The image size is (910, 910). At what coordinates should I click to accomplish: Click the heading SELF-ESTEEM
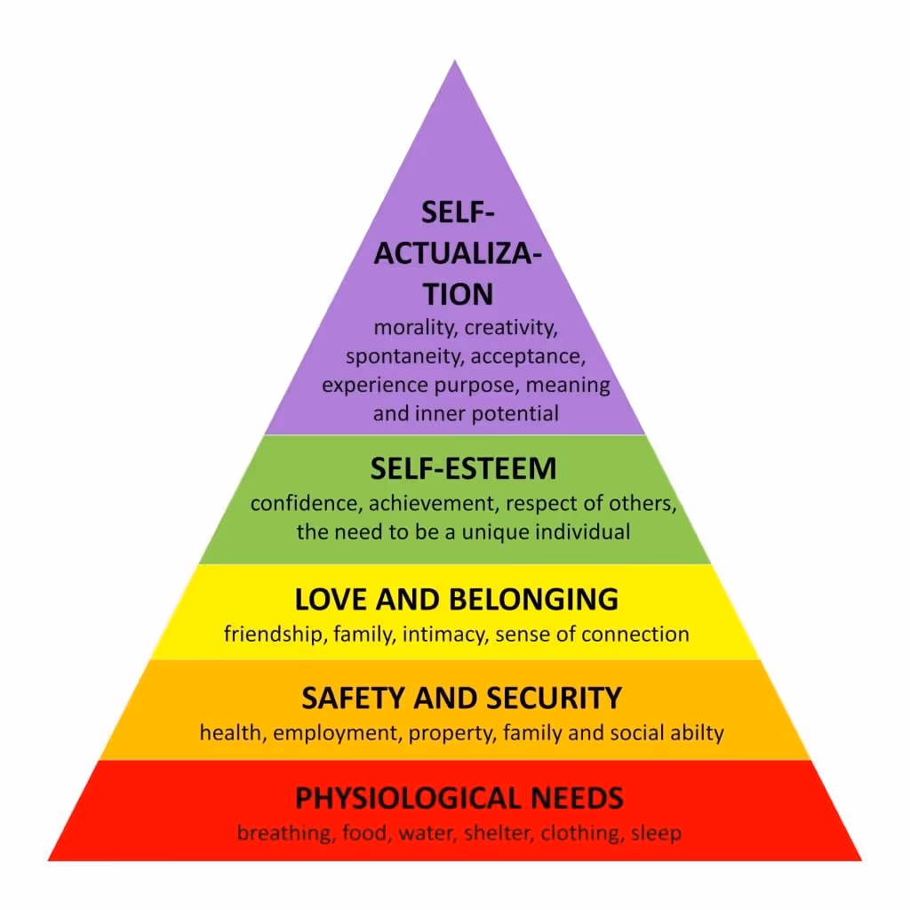pyautogui.click(x=463, y=468)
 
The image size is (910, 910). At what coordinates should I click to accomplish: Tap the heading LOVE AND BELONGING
pyautogui.click(x=456, y=600)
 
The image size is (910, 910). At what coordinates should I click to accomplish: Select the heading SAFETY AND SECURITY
pyautogui.click(x=460, y=698)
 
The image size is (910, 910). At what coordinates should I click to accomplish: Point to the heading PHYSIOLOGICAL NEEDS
pyautogui.click(x=459, y=798)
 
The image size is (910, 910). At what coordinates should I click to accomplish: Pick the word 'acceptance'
pyautogui.click(x=528, y=357)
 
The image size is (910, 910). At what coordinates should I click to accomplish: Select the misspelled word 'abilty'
pyautogui.click(x=696, y=734)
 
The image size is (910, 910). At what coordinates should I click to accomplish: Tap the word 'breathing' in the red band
pyautogui.click(x=279, y=834)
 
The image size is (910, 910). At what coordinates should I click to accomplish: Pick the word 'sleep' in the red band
pyautogui.click(x=656, y=834)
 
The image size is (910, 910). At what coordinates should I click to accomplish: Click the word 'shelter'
pyautogui.click(x=491, y=834)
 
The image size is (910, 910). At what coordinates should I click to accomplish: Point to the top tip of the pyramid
pyautogui.click(x=455, y=62)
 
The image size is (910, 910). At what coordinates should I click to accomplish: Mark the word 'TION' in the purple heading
pyautogui.click(x=458, y=293)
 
